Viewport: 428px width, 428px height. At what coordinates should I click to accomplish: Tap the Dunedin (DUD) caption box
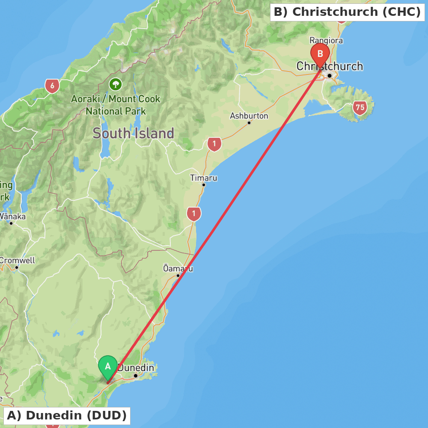coord(67,416)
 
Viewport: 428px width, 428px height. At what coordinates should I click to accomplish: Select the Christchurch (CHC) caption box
coord(347,12)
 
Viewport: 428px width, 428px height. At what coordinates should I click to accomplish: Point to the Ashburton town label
coord(249,116)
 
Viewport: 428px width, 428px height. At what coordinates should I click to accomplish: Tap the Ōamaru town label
coord(178,269)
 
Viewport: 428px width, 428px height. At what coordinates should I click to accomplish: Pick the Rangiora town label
coord(326,41)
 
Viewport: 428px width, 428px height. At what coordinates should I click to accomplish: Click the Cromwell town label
coord(17,260)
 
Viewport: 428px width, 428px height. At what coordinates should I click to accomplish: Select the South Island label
coord(133,134)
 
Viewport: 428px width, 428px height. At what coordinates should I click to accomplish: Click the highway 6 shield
coord(52,86)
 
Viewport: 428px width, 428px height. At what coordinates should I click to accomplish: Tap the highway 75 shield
coord(360,107)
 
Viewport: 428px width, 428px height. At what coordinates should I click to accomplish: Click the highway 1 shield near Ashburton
coord(214,144)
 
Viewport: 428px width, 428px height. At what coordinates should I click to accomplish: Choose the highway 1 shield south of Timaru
coord(194,214)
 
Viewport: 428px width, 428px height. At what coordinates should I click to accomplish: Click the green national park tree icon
coord(116,84)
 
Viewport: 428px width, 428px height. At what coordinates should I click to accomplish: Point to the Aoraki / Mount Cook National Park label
coord(116,105)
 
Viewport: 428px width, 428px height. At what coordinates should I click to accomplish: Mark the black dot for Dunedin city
coord(136,376)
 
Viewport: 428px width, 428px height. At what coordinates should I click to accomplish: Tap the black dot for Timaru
coord(204,185)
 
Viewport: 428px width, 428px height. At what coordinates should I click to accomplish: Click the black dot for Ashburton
coord(249,123)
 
